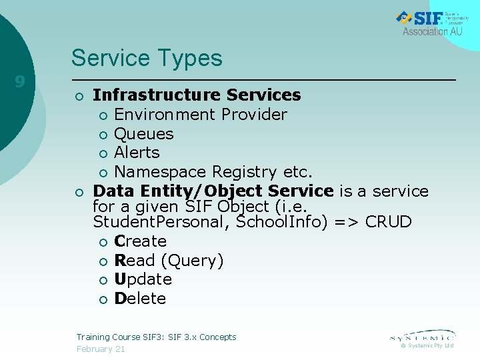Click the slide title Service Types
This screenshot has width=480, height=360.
click(x=147, y=58)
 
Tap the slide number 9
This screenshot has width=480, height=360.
click(x=20, y=82)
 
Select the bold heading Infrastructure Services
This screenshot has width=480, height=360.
click(x=197, y=95)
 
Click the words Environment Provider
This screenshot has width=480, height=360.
click(x=200, y=115)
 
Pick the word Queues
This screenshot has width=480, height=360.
click(x=143, y=134)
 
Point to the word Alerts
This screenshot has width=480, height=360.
click(x=137, y=153)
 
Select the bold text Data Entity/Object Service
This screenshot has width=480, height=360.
click(x=213, y=191)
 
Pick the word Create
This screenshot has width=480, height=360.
click(x=140, y=241)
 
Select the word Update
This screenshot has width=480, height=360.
click(x=143, y=279)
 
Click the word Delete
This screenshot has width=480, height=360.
click(x=140, y=299)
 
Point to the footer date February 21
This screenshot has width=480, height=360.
click(x=101, y=349)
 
